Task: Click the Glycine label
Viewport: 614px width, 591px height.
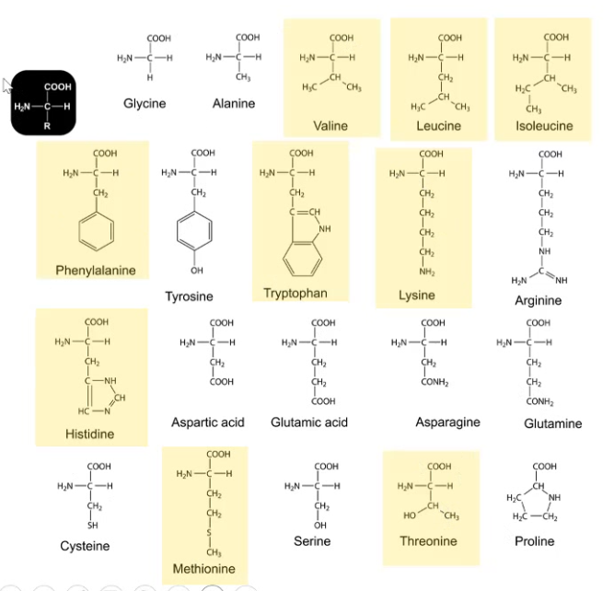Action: pos(145,104)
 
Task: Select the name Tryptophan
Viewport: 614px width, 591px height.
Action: pos(295,293)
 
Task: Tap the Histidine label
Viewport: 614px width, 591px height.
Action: pos(89,433)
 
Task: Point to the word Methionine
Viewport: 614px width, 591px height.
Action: pos(204,568)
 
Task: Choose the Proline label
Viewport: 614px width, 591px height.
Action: pos(535,540)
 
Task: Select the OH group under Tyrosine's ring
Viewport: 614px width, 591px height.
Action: pos(197,272)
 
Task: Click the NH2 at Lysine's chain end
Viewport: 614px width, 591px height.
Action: pos(429,272)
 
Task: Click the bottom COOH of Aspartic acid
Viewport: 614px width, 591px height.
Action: pos(221,380)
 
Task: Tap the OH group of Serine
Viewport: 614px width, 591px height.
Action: pos(322,526)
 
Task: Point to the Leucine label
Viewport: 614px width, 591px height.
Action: pos(438,126)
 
